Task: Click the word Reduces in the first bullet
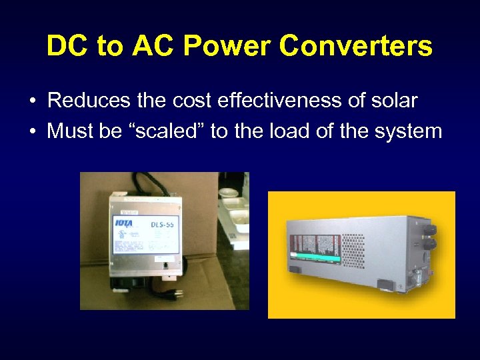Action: click(x=87, y=101)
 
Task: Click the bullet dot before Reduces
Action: click(x=32, y=101)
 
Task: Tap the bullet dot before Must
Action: click(x=32, y=131)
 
